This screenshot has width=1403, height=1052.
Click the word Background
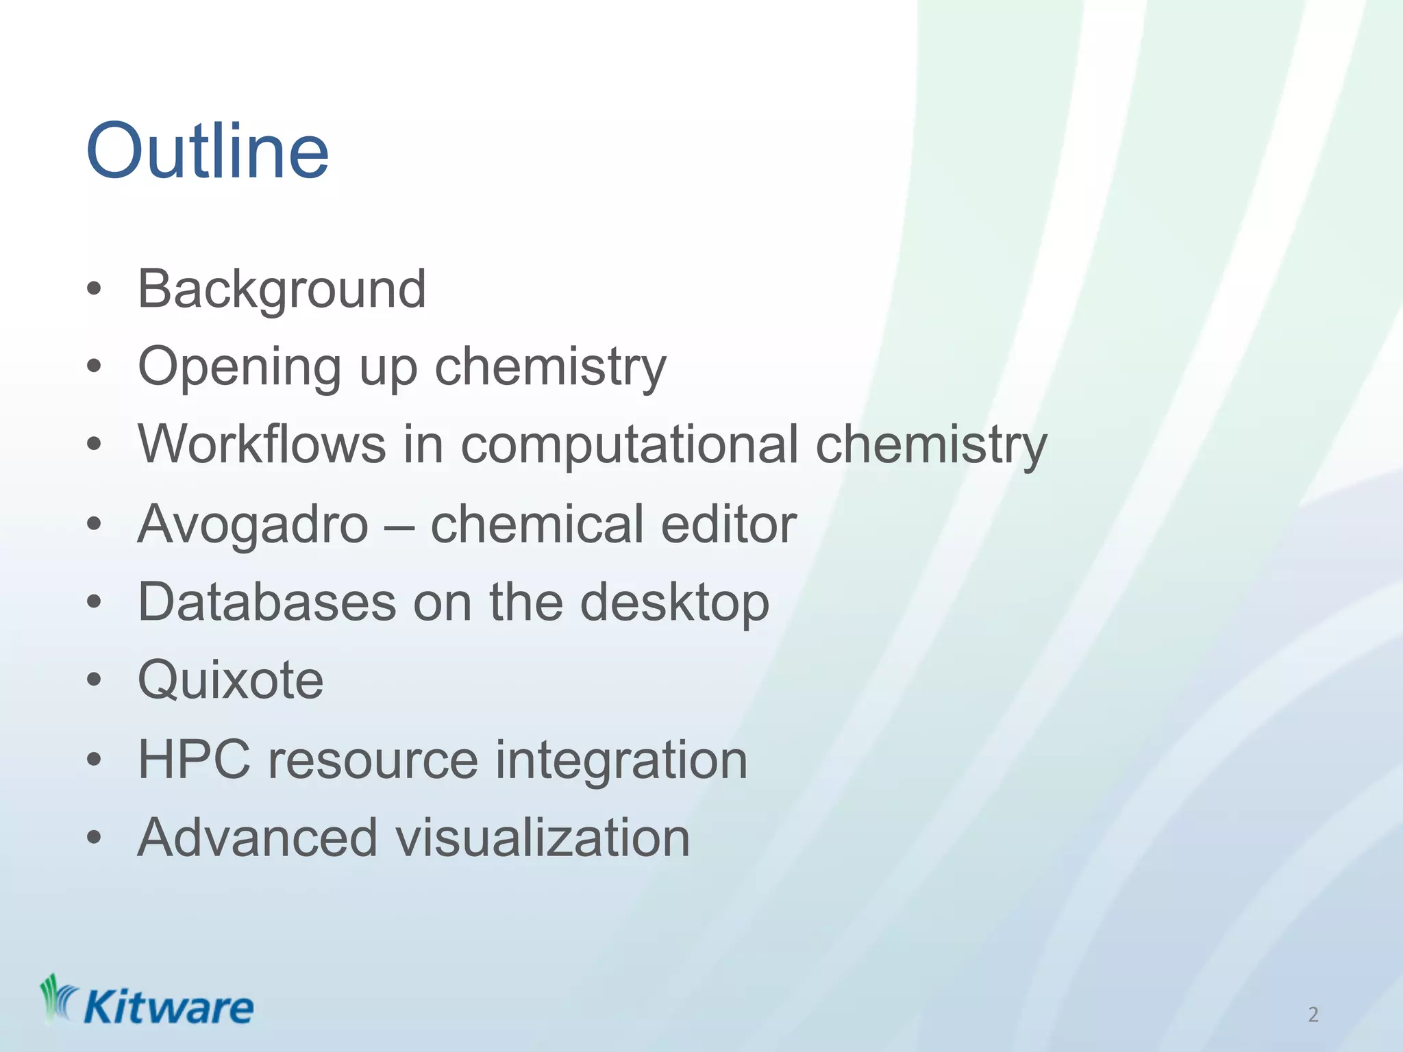click(x=282, y=290)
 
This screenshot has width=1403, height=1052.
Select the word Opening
click(x=239, y=368)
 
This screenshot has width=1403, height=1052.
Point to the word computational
click(x=629, y=445)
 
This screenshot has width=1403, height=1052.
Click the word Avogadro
click(x=253, y=524)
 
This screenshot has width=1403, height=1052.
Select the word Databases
click(x=267, y=602)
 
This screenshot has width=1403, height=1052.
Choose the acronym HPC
click(x=194, y=760)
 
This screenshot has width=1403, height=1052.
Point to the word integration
click(x=621, y=761)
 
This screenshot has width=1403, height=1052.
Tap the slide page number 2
click(x=1313, y=1014)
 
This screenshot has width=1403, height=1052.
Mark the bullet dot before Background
click(x=95, y=290)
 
